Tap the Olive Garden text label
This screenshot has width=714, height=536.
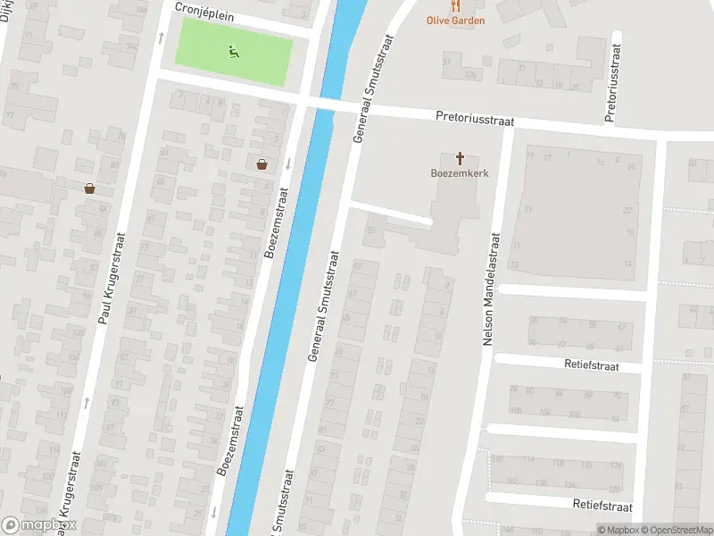pyautogui.click(x=455, y=20)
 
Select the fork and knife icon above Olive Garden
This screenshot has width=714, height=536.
pyautogui.click(x=455, y=5)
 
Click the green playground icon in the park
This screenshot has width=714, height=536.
pyautogui.click(x=233, y=52)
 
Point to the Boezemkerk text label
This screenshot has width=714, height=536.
pyautogui.click(x=461, y=174)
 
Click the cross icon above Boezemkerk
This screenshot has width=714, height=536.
pyautogui.click(x=461, y=159)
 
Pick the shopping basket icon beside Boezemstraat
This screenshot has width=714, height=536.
pyautogui.click(x=262, y=163)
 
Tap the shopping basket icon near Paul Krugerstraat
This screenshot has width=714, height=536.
pyautogui.click(x=89, y=188)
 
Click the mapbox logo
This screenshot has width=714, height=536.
pyautogui.click(x=39, y=525)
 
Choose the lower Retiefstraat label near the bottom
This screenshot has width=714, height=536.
pyautogui.click(x=602, y=507)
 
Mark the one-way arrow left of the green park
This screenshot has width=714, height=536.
pyautogui.click(x=162, y=38)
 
